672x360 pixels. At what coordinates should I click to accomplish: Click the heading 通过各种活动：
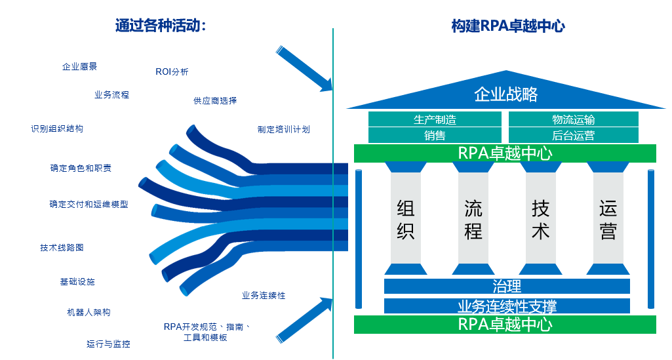point(161,26)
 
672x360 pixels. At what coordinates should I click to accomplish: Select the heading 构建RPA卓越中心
point(508,26)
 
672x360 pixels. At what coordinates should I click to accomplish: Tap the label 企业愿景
point(79,66)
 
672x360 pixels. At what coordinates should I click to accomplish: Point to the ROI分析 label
point(172,71)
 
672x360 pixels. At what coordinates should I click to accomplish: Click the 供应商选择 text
point(215,100)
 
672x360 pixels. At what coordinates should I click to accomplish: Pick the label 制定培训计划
point(283,129)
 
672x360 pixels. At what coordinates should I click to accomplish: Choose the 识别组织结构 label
point(57,129)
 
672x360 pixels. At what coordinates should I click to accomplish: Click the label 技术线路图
point(62,247)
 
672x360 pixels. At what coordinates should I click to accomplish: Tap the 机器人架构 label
point(89,312)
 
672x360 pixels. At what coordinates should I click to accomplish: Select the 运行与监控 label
point(108,344)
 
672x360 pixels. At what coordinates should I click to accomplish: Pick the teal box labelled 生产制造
point(435,119)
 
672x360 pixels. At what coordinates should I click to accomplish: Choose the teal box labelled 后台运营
point(573,136)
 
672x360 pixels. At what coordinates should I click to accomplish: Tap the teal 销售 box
point(435,136)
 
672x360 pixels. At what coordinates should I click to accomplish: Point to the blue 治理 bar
point(507,287)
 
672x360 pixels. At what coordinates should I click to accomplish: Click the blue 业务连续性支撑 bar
point(507,306)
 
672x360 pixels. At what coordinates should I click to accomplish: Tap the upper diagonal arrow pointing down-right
point(304,69)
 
